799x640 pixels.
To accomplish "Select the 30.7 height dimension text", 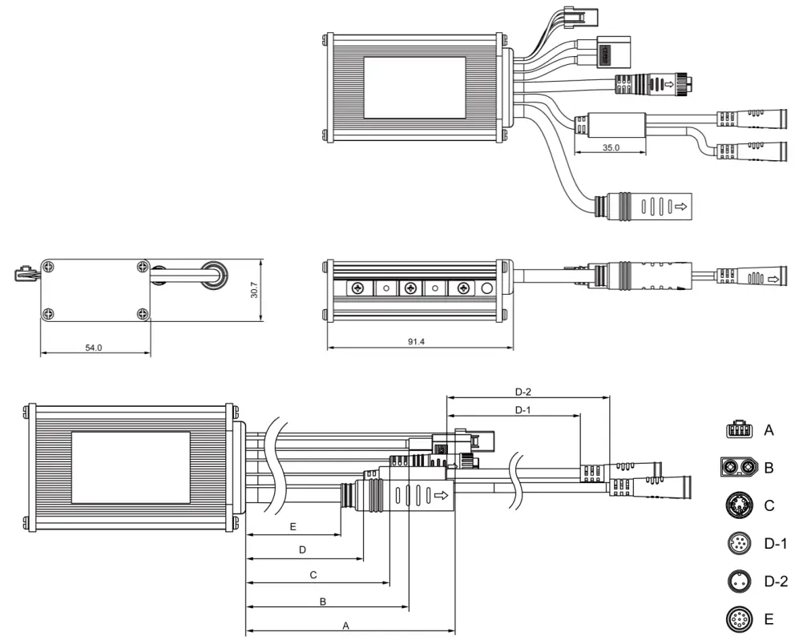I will (254, 290).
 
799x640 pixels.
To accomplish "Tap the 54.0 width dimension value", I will (94, 348).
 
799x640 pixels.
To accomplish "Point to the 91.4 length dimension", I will (416, 342).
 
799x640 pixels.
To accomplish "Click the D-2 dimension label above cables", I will (523, 392).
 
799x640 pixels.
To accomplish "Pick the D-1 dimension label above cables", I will (523, 410).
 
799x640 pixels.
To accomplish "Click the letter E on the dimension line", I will (293, 527).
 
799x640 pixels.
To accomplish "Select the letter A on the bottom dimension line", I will (346, 626).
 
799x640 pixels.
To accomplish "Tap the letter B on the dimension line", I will (322, 601).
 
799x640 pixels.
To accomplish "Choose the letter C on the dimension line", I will (313, 575).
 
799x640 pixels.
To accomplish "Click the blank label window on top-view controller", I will (414, 87).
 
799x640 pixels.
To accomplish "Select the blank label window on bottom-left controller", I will (131, 468).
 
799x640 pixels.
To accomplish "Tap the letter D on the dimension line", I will (302, 550).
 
